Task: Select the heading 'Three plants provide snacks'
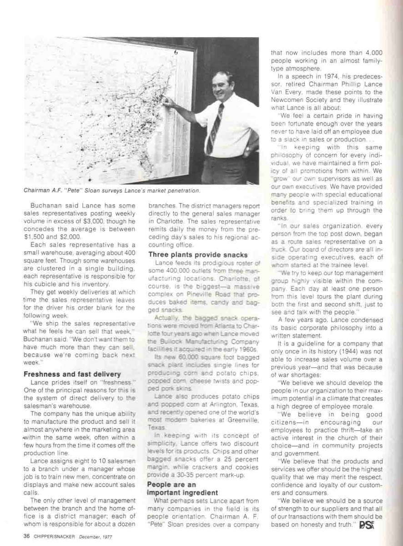coord(198,254)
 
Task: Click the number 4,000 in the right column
coord(372,52)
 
